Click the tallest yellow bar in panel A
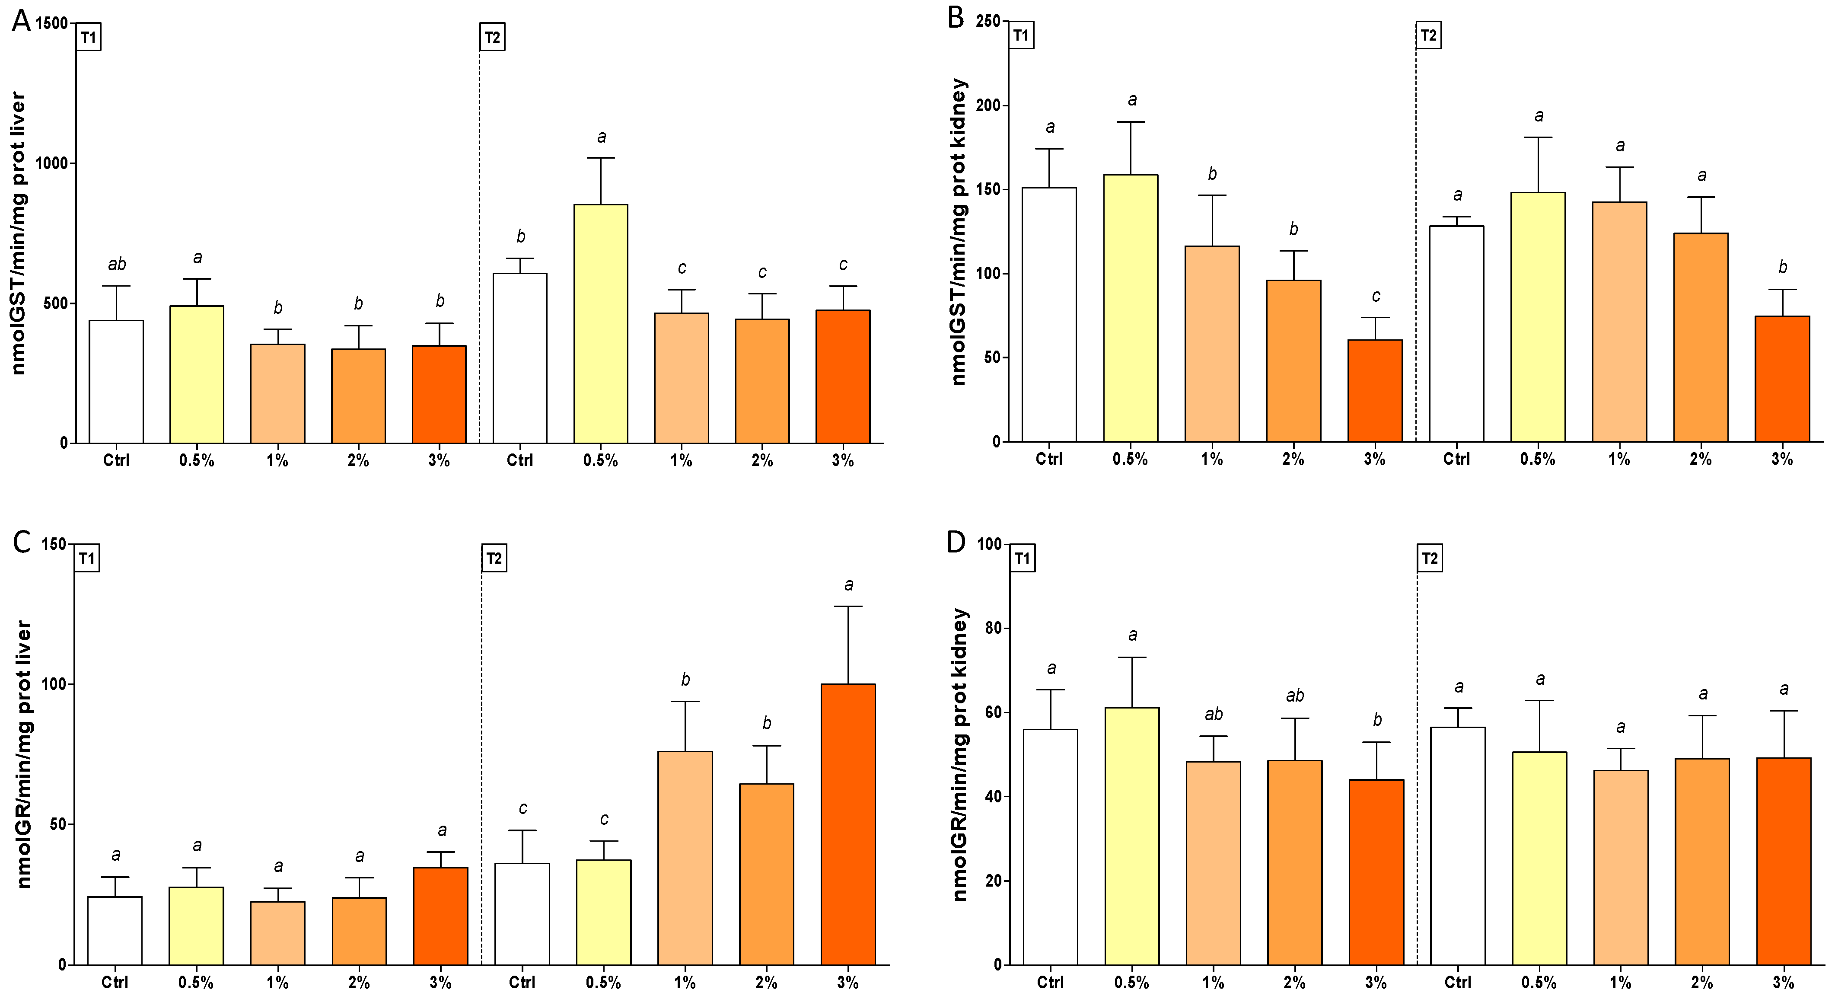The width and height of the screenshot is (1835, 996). tap(601, 324)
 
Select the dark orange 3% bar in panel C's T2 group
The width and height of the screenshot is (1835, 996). tap(847, 824)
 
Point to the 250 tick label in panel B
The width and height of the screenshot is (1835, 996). tap(988, 21)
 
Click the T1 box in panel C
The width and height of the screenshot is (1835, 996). tap(87, 559)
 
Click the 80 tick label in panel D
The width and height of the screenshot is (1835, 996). tap(991, 629)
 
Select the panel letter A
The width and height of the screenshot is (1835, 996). tap(21, 21)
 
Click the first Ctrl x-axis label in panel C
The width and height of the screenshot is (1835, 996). tap(115, 983)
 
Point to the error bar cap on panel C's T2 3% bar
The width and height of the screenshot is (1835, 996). tap(847, 607)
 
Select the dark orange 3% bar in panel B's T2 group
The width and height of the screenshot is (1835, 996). tap(1781, 379)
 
